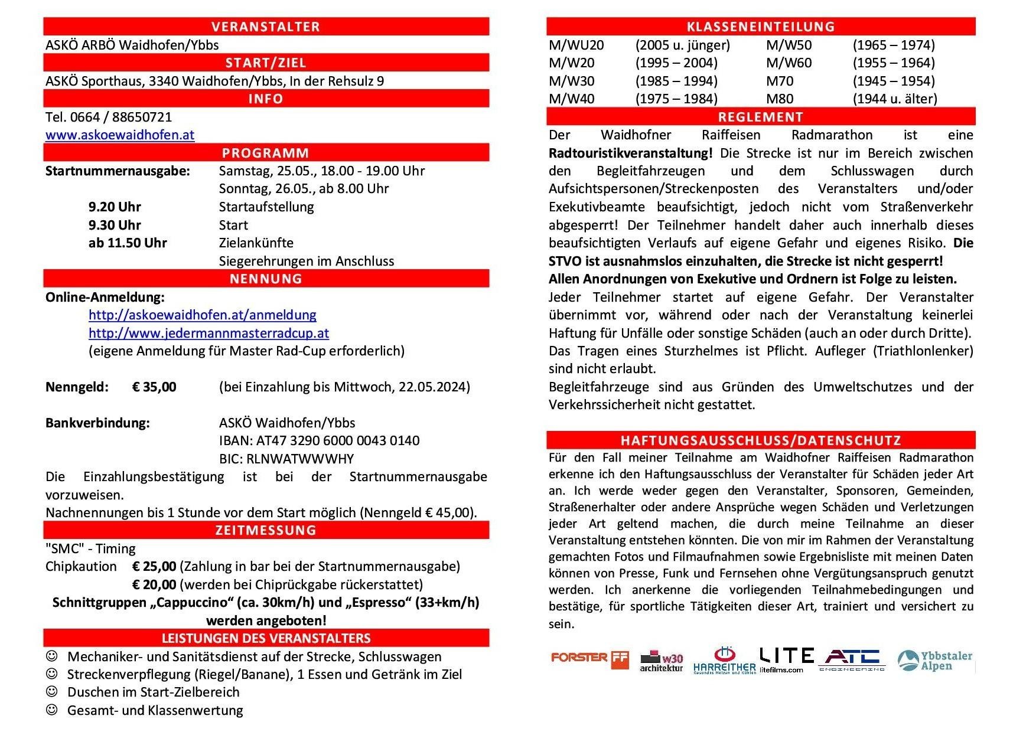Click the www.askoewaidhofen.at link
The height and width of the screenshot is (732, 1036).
(x=120, y=135)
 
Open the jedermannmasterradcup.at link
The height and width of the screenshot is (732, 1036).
(x=208, y=334)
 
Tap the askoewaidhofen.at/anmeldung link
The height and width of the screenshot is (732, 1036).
(x=202, y=315)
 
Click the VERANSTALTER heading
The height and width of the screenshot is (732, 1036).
(x=266, y=27)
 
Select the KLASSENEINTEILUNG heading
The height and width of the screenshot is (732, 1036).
(x=761, y=27)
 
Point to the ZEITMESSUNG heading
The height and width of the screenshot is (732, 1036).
(x=266, y=530)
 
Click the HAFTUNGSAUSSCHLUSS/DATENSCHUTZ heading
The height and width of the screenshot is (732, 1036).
(x=761, y=440)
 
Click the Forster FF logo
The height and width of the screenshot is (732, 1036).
(x=589, y=659)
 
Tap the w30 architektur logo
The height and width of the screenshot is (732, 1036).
(x=662, y=661)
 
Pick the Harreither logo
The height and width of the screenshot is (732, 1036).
(x=725, y=661)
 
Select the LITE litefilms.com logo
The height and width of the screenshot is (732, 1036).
(x=786, y=659)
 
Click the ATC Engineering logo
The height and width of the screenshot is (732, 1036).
(x=852, y=659)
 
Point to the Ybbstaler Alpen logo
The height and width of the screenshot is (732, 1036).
(x=934, y=661)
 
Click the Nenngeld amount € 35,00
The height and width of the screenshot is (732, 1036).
(x=154, y=387)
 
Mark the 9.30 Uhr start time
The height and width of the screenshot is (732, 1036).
(x=115, y=226)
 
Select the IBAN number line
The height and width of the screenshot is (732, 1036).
(x=319, y=441)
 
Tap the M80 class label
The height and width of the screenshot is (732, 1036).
(x=780, y=99)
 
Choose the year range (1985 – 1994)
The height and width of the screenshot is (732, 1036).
(x=676, y=81)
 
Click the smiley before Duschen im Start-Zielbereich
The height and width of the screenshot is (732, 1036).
(x=52, y=692)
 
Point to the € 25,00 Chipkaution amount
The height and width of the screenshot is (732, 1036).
(x=154, y=567)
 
